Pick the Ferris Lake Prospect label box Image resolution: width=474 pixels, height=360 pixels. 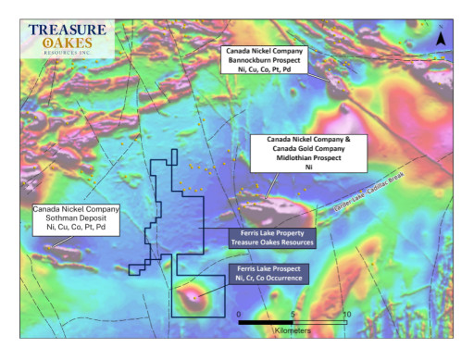(271, 273)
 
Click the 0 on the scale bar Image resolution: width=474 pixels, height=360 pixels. (240, 315)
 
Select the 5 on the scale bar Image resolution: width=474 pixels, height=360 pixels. (293, 315)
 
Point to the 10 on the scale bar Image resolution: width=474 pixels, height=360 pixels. (346, 315)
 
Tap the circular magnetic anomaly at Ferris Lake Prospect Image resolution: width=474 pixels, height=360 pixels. (193, 297)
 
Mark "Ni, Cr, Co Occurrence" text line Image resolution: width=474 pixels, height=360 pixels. (271, 279)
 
